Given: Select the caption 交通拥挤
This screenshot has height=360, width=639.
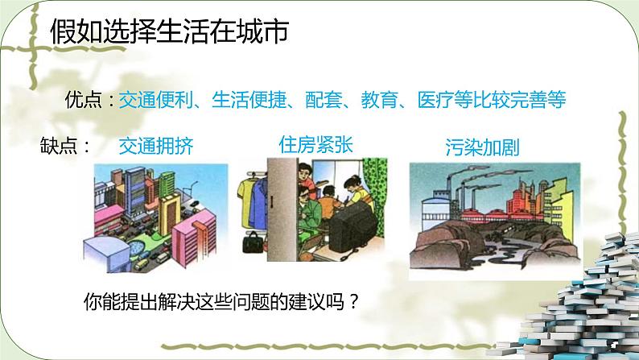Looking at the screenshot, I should pyautogui.click(x=156, y=145).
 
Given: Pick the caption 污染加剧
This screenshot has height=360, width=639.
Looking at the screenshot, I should pyautogui.click(x=482, y=147).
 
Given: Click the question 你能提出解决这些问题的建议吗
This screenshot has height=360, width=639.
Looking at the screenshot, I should pyautogui.click(x=221, y=301).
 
